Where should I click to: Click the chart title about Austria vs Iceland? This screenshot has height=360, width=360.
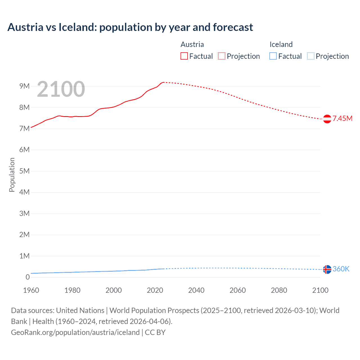click(130, 27)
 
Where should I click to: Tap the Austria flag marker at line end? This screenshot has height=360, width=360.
click(327, 119)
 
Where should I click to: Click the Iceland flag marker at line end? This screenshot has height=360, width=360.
click(327, 269)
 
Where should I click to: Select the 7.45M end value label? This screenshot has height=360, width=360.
click(342, 118)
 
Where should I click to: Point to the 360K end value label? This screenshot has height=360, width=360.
click(341, 269)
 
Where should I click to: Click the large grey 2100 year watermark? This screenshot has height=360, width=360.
click(61, 89)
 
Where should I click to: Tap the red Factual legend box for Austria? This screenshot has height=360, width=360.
click(184, 56)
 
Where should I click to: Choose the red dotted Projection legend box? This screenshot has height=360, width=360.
click(222, 56)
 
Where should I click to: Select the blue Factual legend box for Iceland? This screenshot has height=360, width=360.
click(273, 56)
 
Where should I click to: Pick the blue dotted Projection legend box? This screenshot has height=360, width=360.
click(311, 56)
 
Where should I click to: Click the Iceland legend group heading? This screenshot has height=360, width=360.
click(281, 44)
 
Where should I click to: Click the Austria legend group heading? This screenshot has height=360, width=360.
click(192, 44)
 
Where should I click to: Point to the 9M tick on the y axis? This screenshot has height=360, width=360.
click(24, 86)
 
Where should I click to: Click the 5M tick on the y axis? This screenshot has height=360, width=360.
click(24, 171)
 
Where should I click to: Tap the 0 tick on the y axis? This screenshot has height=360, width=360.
click(28, 277)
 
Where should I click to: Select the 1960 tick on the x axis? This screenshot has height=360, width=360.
click(31, 290)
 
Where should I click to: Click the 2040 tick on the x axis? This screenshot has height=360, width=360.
click(196, 290)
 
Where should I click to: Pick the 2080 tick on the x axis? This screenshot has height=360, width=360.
click(279, 290)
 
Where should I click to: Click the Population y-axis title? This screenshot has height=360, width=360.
click(12, 175)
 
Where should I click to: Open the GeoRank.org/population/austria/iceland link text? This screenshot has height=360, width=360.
click(75, 332)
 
